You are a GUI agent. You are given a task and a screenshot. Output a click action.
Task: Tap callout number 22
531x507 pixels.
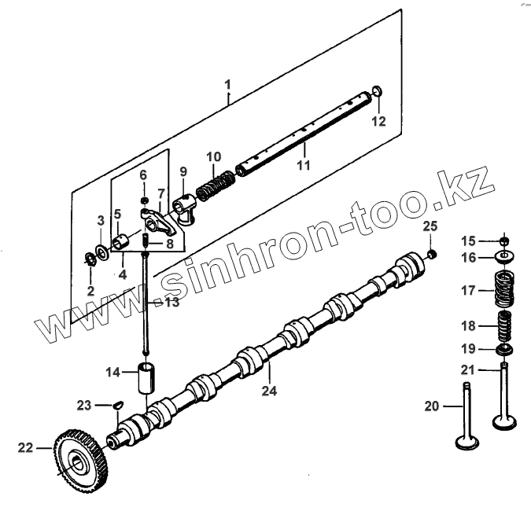[26, 448]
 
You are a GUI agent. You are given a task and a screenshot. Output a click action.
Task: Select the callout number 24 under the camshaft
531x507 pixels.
[270, 389]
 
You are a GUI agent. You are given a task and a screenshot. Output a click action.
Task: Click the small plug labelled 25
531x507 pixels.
[432, 254]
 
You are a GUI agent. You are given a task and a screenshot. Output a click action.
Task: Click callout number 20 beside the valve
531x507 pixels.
[431, 406]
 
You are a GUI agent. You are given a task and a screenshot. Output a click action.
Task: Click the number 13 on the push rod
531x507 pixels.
[171, 302]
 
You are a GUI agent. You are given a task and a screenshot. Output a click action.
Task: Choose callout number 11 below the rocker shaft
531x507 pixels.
[304, 165]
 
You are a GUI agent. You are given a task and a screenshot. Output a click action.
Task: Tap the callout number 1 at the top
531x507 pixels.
[227, 83]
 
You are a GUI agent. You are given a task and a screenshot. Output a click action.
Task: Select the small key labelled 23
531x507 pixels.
[118, 404]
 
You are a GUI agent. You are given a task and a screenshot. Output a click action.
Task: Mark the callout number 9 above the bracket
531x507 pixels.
[183, 171]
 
